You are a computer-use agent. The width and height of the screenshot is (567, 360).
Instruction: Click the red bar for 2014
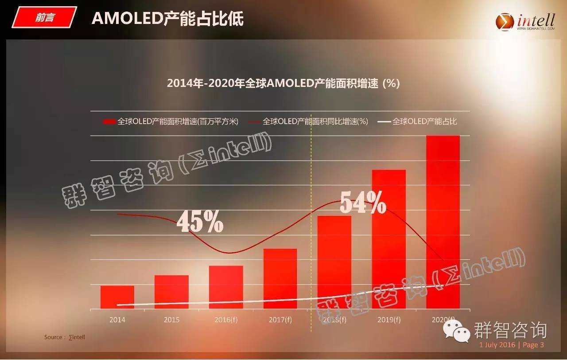point(117,297)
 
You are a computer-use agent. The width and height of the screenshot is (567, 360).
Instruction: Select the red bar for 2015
point(171,292)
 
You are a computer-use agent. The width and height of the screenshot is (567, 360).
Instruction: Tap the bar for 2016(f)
point(226,287)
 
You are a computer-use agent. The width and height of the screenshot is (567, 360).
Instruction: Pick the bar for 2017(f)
point(280,278)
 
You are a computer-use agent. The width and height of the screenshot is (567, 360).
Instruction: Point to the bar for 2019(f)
point(389,239)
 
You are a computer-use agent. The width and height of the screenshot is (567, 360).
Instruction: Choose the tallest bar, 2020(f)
point(443,222)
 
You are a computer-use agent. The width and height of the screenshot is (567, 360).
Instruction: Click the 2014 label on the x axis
point(117,320)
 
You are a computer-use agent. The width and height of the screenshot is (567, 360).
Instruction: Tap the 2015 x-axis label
point(171,320)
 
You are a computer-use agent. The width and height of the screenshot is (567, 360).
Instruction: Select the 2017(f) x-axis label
point(280,320)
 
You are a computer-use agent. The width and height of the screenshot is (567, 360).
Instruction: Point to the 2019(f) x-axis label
point(389,320)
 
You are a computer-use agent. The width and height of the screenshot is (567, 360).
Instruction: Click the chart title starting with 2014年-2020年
point(283,83)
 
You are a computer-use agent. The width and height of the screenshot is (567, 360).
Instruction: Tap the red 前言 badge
point(44,18)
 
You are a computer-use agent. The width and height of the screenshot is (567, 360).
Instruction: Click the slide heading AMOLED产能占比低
point(167,19)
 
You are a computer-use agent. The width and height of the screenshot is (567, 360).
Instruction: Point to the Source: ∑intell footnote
point(64,337)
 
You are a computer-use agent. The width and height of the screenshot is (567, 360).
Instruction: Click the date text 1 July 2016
point(497,345)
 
